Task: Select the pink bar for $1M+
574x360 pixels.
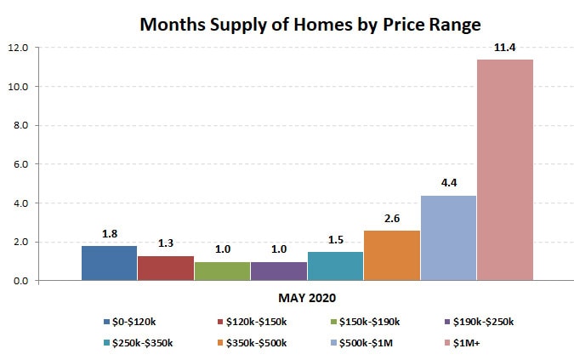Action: point(505,169)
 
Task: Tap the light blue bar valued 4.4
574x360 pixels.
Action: point(448,237)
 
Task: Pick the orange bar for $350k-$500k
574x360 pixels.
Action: point(392,254)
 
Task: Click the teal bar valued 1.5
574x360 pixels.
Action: point(335,266)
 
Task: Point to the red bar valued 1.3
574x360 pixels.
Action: point(165,267)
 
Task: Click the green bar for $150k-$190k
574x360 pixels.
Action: point(222,271)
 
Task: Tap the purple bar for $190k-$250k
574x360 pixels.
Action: point(278,271)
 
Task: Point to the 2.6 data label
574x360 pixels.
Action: point(392,218)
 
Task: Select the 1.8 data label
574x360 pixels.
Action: point(109,233)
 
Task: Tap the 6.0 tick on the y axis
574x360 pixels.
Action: point(20,164)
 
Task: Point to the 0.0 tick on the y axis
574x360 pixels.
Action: point(20,281)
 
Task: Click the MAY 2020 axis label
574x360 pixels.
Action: point(307,299)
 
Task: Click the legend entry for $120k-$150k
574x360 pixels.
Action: point(258,322)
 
